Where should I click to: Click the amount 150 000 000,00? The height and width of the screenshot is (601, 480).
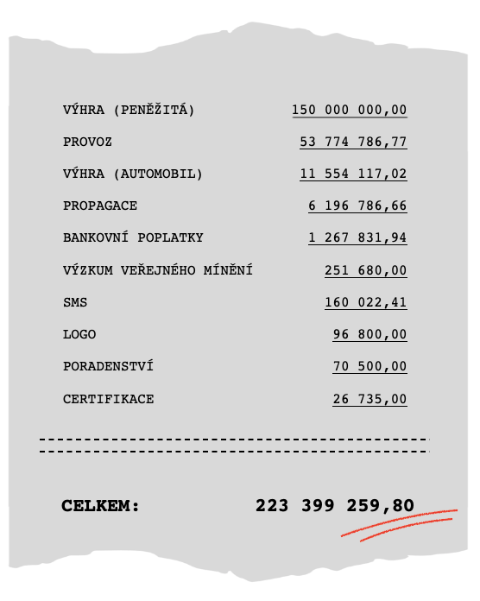pos(349,110)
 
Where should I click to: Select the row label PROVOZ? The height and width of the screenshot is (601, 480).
pos(87,142)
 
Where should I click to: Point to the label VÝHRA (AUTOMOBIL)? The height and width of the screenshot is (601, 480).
pos(133,174)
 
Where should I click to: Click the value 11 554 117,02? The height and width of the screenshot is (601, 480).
pos(353,174)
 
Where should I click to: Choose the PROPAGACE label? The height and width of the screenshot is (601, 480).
pos(100,206)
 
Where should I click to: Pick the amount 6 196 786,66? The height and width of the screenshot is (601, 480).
pos(357,206)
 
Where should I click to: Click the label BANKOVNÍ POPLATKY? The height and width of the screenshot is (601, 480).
pos(133,237)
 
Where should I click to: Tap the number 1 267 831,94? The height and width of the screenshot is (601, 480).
pos(357,237)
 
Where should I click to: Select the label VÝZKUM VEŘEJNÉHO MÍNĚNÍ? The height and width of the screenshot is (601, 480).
pos(158,270)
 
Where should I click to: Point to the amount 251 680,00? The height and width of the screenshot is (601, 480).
pos(365,270)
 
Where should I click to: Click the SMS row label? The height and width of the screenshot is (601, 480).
pos(75,302)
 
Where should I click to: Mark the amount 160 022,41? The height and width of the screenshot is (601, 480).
pos(365,302)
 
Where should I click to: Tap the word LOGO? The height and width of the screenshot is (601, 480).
pos(79,334)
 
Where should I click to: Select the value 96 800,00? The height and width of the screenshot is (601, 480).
pos(369,334)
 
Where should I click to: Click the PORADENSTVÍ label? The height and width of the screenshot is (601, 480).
pos(108,366)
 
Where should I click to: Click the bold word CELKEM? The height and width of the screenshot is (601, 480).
pos(100,506)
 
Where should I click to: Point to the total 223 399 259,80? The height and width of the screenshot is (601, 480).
pos(335,506)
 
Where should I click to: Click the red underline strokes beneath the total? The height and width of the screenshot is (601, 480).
pos(399,525)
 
